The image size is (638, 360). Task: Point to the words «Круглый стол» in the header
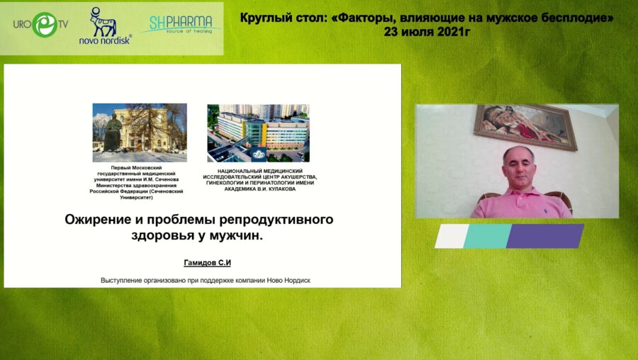click(x=276, y=16)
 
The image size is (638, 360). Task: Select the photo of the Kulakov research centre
click(x=258, y=133)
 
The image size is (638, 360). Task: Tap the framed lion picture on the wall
click(x=525, y=128)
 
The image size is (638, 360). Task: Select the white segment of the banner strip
click(x=451, y=236)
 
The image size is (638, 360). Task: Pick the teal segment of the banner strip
click(x=487, y=236)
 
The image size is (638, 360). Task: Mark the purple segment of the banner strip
click(x=544, y=236)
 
